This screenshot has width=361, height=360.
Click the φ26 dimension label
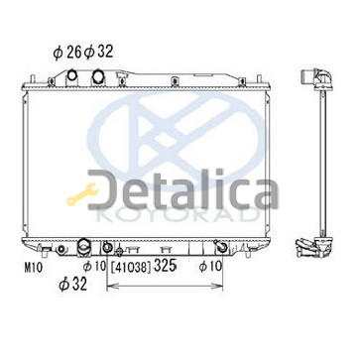click(x=67, y=52)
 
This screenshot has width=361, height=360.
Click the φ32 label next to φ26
click(x=99, y=52)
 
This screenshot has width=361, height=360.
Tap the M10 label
click(x=34, y=268)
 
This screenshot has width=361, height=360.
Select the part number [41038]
click(x=131, y=268)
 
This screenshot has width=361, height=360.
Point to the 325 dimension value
click(x=165, y=266)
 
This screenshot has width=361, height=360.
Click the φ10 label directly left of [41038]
click(x=94, y=265)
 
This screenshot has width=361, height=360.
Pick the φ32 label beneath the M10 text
click(x=73, y=285)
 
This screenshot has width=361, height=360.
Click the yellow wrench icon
click(x=82, y=194)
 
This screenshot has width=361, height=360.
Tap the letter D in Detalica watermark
click(x=103, y=189)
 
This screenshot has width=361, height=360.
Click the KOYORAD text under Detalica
click(x=178, y=215)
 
